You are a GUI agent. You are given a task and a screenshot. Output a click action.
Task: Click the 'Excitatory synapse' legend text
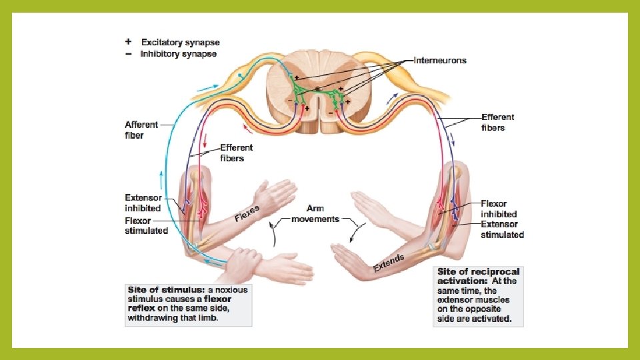[180, 43]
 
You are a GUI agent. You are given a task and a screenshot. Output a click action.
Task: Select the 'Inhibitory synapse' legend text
[178, 54]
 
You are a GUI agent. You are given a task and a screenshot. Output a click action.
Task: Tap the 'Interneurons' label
[440, 60]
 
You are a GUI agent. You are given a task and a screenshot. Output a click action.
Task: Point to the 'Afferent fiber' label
[141, 130]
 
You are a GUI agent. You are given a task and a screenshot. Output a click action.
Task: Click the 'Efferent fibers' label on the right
[498, 122]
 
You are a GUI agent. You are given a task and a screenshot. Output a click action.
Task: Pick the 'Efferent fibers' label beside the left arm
[237, 153]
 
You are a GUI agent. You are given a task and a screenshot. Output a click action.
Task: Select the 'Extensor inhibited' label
[143, 203]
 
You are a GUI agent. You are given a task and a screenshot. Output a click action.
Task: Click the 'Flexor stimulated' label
[146, 226]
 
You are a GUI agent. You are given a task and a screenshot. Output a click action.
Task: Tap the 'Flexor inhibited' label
[499, 209]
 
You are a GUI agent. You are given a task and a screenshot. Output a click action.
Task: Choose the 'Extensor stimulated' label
[502, 230]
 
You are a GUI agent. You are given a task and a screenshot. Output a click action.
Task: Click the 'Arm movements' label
[315, 214]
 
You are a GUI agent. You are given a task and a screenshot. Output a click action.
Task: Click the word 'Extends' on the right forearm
[389, 263]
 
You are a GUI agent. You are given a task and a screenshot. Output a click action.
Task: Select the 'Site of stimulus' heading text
[166, 290]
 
